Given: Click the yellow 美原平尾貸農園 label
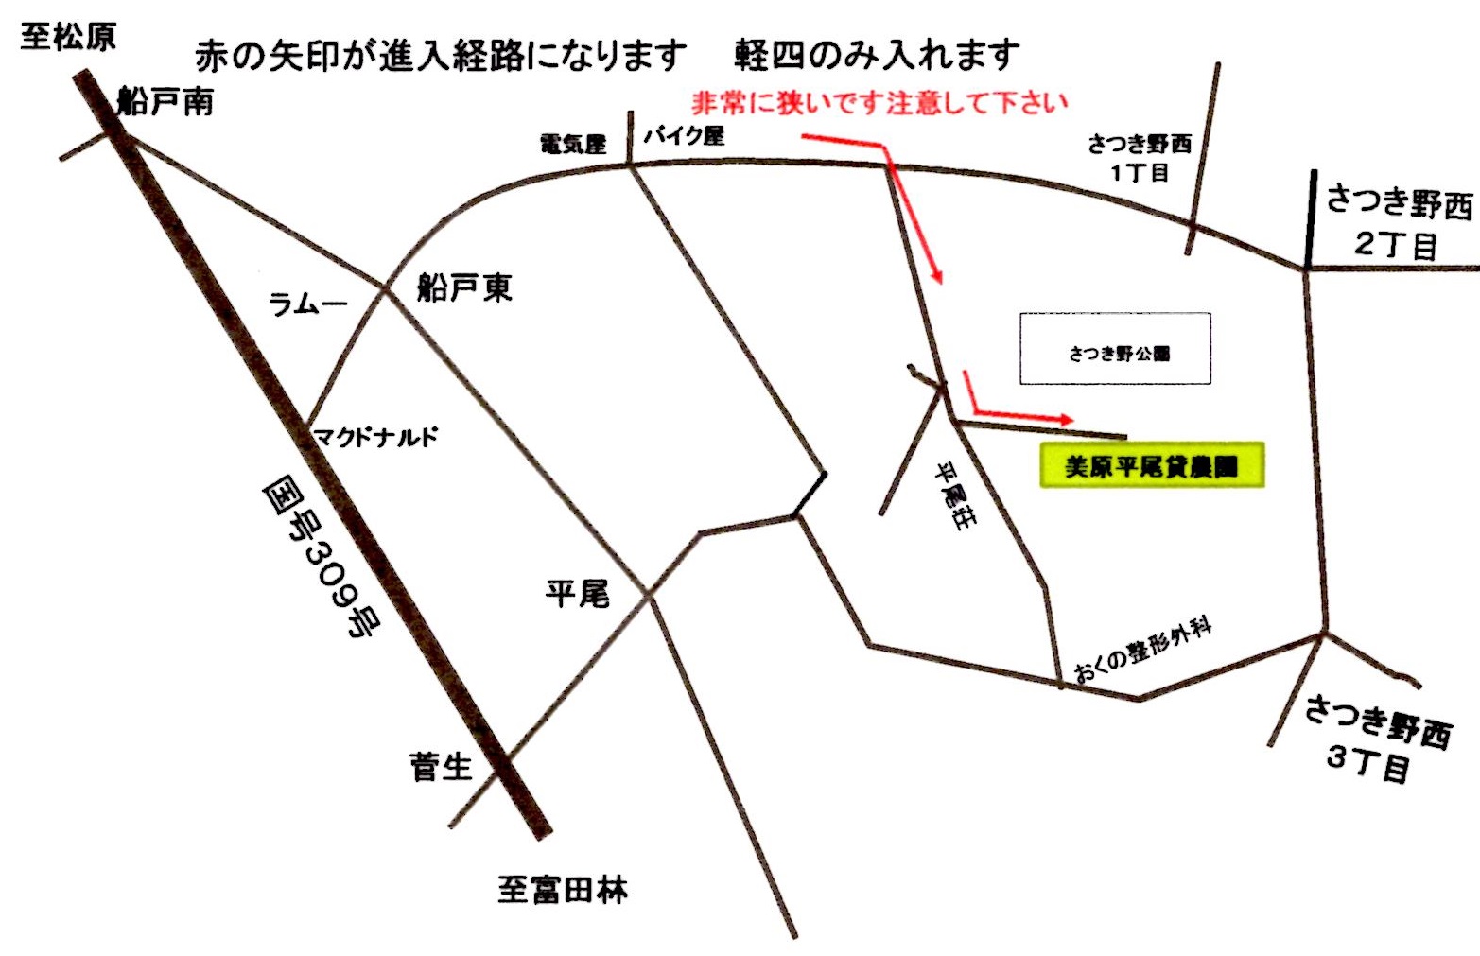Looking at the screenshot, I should (x=1151, y=465).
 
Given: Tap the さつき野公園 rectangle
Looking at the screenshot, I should (x=1115, y=349).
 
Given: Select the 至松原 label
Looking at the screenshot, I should (x=68, y=38).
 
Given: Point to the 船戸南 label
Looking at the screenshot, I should (x=165, y=101).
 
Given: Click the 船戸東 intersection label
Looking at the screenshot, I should (x=464, y=287).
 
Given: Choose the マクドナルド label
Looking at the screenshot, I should (x=376, y=437).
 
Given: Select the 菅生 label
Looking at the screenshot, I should (x=441, y=766).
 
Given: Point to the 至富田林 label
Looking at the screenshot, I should (x=563, y=890).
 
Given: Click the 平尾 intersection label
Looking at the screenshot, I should (x=577, y=594).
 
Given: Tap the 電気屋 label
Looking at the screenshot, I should (x=572, y=144).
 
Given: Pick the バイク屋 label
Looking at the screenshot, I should (x=685, y=136).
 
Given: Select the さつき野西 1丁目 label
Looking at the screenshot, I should (x=1140, y=158).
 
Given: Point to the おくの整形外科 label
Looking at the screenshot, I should (x=1143, y=652).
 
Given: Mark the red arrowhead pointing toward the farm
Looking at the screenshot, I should (x=1066, y=419).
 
